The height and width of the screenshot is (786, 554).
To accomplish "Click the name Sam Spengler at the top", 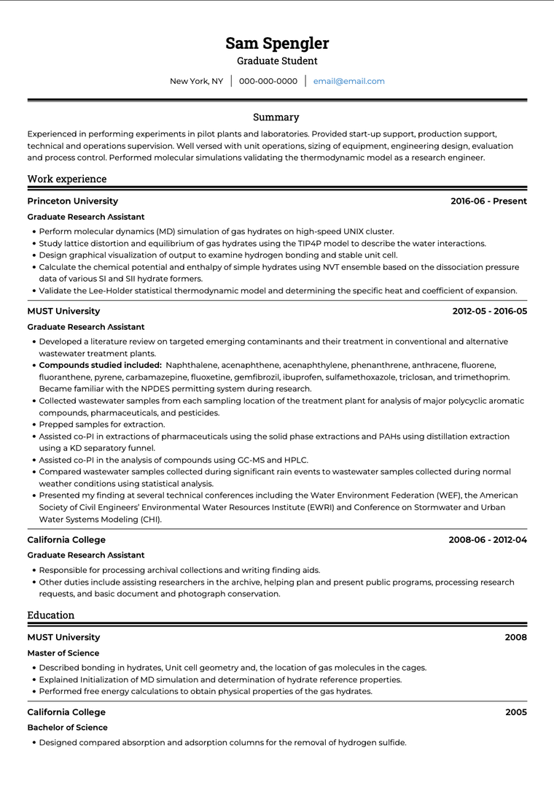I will [x=277, y=43].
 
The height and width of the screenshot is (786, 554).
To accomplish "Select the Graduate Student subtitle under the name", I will [x=277, y=61].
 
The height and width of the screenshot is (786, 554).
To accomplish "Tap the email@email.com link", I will [x=348, y=81].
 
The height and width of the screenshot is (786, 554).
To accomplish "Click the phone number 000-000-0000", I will [x=268, y=81].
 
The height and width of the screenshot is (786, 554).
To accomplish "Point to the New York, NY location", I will [x=197, y=81].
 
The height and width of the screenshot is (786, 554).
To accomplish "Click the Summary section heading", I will [x=276, y=117].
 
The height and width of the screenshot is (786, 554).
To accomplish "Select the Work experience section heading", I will [x=67, y=179].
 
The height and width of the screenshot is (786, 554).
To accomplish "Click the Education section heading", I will [x=51, y=615].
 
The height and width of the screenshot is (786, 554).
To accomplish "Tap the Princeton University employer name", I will [x=73, y=201].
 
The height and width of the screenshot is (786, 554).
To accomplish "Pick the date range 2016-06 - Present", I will [x=488, y=201].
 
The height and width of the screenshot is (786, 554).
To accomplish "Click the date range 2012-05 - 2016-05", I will [x=489, y=311].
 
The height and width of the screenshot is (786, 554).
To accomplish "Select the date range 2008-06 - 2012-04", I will [x=488, y=540].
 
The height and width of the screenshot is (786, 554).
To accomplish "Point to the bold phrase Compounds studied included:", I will [x=100, y=365].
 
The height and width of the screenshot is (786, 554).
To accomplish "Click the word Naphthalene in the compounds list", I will [x=192, y=365].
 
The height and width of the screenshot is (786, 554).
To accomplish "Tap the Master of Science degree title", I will [x=63, y=653].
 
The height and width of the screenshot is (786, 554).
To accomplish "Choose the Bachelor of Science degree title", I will [x=67, y=728].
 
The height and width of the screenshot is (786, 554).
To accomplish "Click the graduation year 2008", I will [x=515, y=638].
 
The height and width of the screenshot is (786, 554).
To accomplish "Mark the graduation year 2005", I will [x=515, y=712].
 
